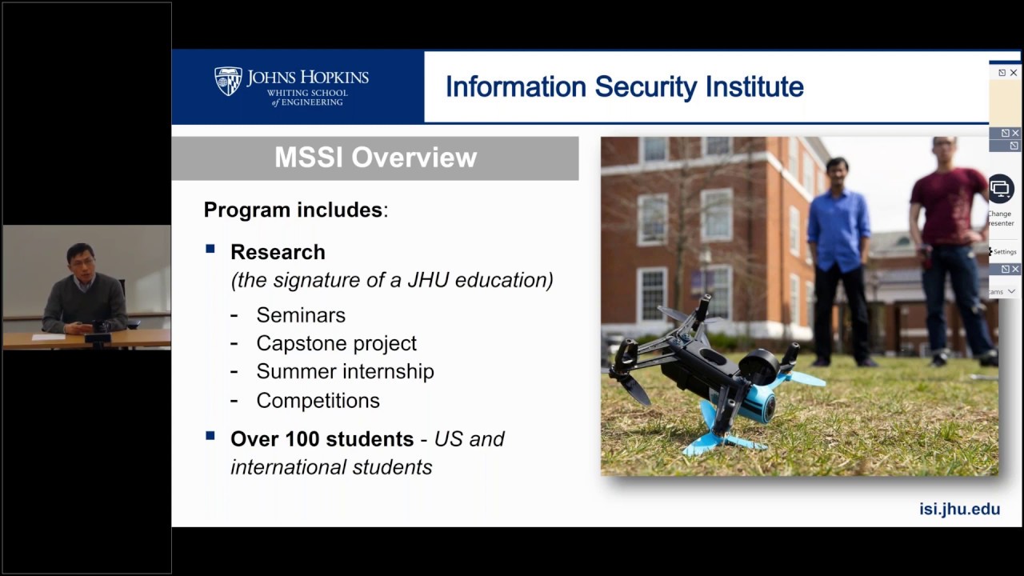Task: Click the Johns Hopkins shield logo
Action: (x=228, y=82)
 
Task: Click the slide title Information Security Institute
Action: (x=624, y=87)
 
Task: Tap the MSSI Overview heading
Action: (x=375, y=158)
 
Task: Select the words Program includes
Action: (x=294, y=210)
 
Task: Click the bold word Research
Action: (x=278, y=252)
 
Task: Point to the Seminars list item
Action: (x=301, y=315)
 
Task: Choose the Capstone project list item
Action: (x=336, y=343)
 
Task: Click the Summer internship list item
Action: (x=345, y=371)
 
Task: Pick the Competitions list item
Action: (x=318, y=400)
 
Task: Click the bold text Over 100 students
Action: (x=322, y=439)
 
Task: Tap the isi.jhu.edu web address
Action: (x=959, y=509)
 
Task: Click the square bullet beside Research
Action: (x=210, y=250)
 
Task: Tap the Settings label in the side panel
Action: (x=1004, y=252)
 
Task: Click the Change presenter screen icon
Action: (x=1000, y=189)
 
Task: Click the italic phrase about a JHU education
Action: (x=392, y=280)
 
